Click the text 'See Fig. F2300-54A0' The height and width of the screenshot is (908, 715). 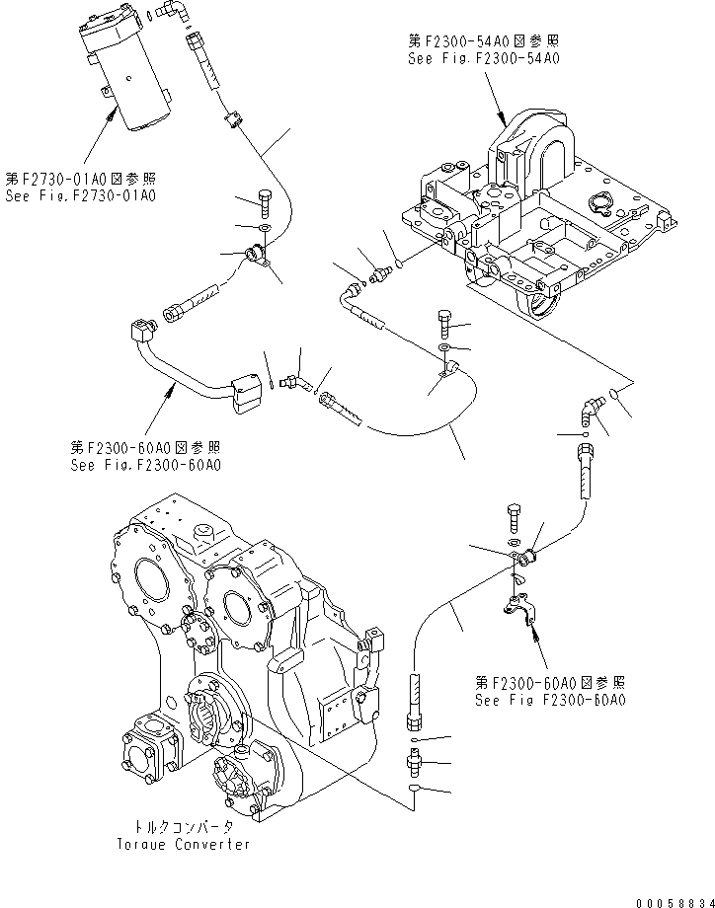484,59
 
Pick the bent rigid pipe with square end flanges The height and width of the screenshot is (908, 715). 188,364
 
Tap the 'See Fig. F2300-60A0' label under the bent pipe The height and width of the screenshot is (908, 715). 146,464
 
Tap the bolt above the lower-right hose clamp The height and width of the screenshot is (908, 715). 515,517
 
